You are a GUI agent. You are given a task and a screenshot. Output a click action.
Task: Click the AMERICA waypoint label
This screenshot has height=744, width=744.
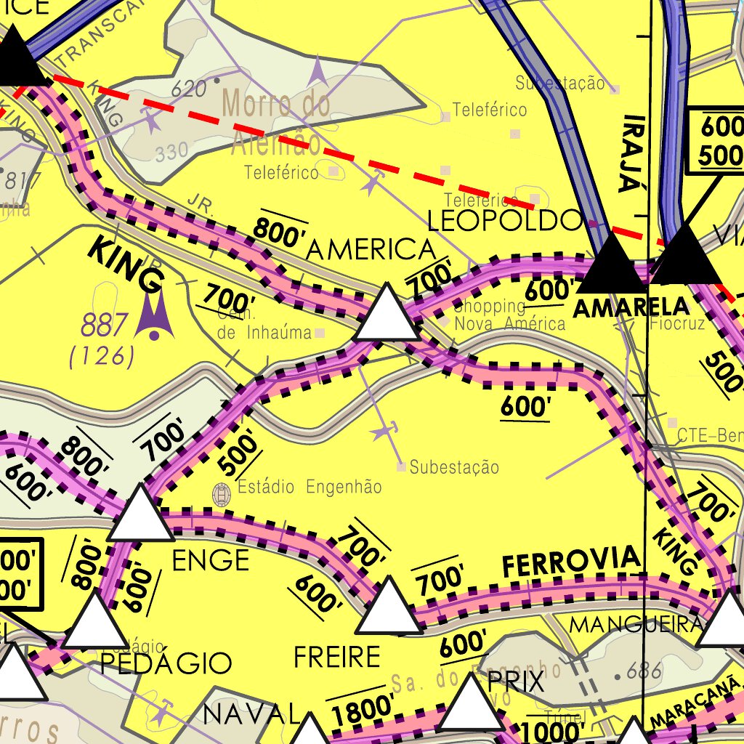[371, 250]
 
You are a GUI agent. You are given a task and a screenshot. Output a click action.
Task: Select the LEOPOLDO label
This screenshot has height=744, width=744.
[505, 220]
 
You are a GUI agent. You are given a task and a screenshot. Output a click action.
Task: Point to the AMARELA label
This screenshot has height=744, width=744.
[630, 307]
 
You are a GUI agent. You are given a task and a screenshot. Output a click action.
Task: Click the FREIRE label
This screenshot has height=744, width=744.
[336, 658]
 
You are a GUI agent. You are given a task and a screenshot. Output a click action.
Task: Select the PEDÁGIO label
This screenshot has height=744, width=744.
[166, 663]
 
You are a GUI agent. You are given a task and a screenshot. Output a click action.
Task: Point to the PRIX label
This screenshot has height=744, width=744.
[516, 683]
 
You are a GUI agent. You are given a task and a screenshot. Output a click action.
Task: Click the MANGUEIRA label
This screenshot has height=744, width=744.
[636, 624]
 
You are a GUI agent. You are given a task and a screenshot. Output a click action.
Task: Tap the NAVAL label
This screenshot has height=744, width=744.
[251, 714]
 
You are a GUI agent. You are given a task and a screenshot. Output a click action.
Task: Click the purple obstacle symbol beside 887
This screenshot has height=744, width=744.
[154, 317]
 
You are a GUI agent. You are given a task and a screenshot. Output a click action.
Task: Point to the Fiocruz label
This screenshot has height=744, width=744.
[677, 323]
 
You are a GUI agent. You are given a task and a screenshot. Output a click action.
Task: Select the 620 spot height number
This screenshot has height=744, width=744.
[189, 89]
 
